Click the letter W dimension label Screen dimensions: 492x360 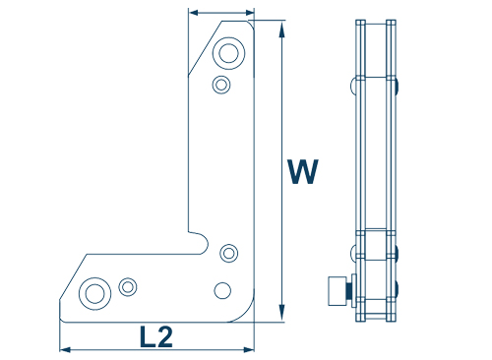click(x=303, y=171)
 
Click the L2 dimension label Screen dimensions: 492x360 click(x=156, y=336)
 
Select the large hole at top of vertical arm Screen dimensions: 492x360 click(x=228, y=53)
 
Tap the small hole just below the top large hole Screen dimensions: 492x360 click(x=221, y=85)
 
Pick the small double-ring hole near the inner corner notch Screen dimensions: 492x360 click(x=228, y=253)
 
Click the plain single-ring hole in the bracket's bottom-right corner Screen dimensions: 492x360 click(x=222, y=290)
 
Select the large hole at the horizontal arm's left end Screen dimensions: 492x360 click(x=94, y=293)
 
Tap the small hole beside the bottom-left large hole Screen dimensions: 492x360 click(x=128, y=287)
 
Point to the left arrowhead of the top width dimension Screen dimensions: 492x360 click(x=194, y=13)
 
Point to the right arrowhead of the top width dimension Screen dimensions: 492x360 click(x=250, y=13)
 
